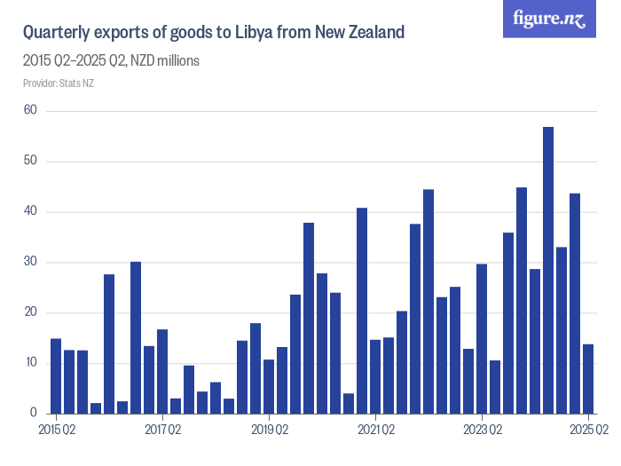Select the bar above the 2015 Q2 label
click(56, 375)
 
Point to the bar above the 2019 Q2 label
click(269, 386)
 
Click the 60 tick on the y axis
click(30, 111)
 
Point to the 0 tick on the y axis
click(33, 414)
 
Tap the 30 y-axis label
click(30, 262)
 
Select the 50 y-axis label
click(30, 162)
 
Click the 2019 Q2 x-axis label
click(270, 430)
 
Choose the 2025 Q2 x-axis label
click(588, 430)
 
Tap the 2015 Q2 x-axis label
click(56, 430)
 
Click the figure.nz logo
click(549, 20)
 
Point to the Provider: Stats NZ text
click(58, 83)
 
